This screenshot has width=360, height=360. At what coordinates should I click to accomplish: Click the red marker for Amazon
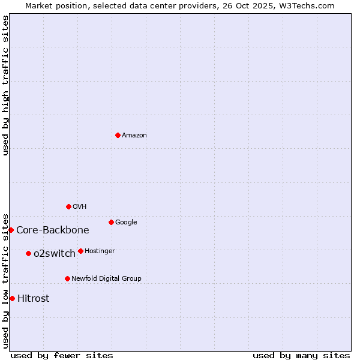118,135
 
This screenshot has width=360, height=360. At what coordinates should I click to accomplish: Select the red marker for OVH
68,206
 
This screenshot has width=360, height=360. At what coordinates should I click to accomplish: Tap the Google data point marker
111,222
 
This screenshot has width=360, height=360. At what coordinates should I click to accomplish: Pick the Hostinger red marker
80,251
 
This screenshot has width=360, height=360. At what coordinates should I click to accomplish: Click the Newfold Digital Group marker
67,278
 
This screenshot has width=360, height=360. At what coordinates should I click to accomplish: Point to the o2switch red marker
28,253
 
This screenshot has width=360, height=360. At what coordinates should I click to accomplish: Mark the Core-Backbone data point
11,230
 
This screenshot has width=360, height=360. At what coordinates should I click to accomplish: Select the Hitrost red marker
12,298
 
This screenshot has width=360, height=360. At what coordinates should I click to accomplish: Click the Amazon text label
134,135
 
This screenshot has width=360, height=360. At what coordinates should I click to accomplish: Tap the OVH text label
79,206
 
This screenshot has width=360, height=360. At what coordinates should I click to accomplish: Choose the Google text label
126,222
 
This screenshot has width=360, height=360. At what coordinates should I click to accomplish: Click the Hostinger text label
100,251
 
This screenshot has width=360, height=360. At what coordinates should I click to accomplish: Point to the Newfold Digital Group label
106,278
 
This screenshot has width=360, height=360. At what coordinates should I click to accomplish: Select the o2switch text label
55,253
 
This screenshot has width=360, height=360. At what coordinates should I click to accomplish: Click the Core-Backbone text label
53,230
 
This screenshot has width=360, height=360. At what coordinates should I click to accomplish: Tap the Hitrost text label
34,298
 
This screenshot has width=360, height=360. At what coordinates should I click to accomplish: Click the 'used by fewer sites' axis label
62,355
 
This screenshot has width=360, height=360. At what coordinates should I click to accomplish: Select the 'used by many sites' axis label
301,355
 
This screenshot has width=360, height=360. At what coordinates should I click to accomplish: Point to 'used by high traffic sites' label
5,85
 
